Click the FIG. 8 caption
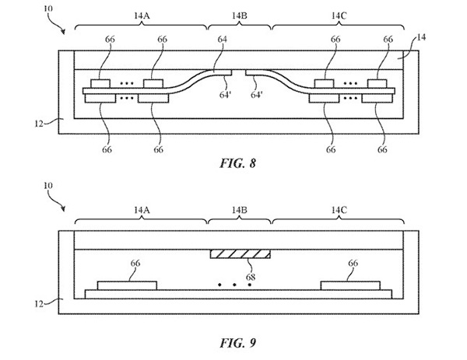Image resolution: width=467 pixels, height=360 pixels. coord(237,163)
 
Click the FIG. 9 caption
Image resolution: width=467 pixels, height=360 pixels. coord(237,343)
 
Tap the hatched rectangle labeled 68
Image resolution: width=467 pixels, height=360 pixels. coord(240,253)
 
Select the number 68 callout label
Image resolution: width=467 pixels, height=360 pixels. coord(251,277)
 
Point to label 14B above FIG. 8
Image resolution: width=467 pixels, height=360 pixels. coord(240,16)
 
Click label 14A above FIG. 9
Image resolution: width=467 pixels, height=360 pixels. coord(142,210)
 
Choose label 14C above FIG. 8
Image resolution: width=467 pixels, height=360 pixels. coord(339,16)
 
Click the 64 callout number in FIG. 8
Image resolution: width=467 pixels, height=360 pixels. coord(222,39)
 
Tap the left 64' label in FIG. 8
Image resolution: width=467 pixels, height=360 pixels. coord(226,95)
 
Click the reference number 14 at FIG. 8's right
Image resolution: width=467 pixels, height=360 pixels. coord(421,37)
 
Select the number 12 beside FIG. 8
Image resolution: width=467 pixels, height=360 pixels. coord(39,124)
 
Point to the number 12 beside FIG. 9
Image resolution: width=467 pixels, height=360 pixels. coord(39,304)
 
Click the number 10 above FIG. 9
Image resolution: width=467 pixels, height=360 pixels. coord(48,186)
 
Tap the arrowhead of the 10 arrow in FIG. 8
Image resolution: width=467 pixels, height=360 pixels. coord(63,32)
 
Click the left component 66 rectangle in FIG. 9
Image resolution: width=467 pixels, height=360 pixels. coord(127,285)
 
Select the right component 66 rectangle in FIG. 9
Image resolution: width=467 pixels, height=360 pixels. coord(350,285)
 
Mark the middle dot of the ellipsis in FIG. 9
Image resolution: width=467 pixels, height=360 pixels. coord(235,285)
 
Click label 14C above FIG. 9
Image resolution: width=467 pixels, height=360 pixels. coord(339,210)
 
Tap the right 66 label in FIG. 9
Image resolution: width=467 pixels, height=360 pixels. coord(353,263)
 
